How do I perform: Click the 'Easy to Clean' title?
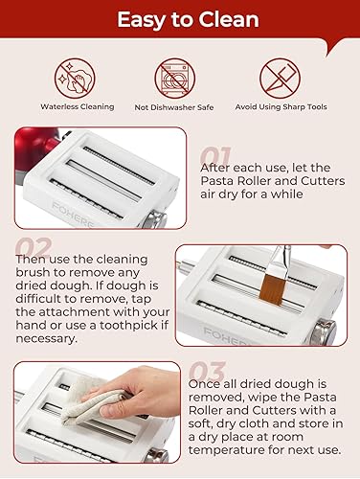tap(180, 19)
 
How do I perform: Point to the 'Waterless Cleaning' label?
tap(78, 106)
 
